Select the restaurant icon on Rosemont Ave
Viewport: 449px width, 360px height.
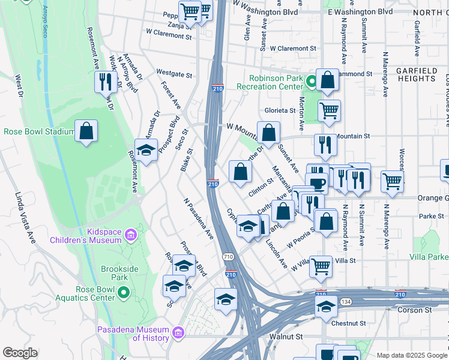coord(106,82)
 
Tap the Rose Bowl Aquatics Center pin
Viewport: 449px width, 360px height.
coord(124,293)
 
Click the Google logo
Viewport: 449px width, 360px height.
coord(20,353)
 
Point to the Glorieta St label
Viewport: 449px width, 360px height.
coord(280,110)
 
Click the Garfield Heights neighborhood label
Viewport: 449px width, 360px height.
coord(417,74)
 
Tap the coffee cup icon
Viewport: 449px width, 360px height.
coord(317,182)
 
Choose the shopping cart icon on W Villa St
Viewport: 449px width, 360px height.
coord(321,266)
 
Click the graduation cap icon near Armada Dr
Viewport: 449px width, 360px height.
coord(146,151)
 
